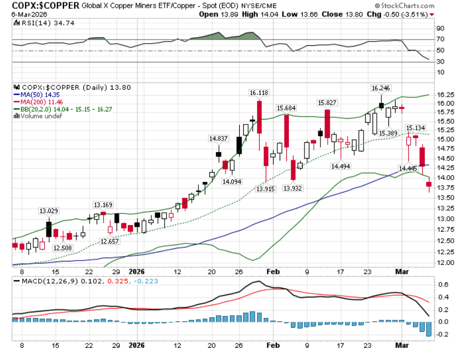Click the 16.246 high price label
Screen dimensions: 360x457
pos(381,88)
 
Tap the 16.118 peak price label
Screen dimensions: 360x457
pos(258,92)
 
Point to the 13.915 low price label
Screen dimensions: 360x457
pos(266,189)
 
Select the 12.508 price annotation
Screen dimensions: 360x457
pos(62,248)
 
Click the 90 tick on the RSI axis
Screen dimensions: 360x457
pos(440,28)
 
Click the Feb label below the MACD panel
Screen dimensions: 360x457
pos(271,345)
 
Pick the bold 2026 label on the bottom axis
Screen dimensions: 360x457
pos(136,345)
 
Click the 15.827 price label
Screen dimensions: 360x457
pos(328,103)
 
